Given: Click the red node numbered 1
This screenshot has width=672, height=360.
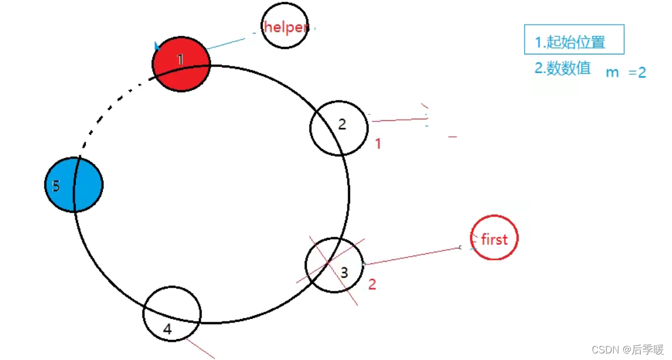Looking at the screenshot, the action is pos(181,64).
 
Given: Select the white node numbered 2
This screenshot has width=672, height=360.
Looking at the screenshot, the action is pos(339,128).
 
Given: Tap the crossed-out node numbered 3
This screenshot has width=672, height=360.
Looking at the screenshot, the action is pos(334,265).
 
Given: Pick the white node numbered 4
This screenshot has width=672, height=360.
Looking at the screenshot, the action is pos(172,314).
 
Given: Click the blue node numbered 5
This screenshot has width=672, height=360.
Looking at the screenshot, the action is pos(74,185).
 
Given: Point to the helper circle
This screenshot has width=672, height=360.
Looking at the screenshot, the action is pos(284,26).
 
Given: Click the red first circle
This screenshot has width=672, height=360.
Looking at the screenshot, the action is pos(494,237).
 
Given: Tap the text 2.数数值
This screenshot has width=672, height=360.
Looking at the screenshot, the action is pos(563,68).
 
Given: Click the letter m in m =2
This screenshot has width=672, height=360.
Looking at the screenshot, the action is pos(612,72).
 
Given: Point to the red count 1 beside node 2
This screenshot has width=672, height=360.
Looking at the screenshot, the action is pos(378,144).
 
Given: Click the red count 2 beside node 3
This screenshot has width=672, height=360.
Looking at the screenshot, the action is pos(372,284).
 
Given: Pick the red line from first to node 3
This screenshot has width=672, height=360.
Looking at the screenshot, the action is pos(412,256).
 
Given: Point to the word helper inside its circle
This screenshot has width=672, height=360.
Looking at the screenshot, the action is pos(285,26).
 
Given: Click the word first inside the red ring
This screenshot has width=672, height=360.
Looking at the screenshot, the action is pos(494,239).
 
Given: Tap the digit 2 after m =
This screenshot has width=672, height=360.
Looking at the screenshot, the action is pos(642,72).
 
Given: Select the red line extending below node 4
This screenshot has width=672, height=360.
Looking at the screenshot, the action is pos(200,348).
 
